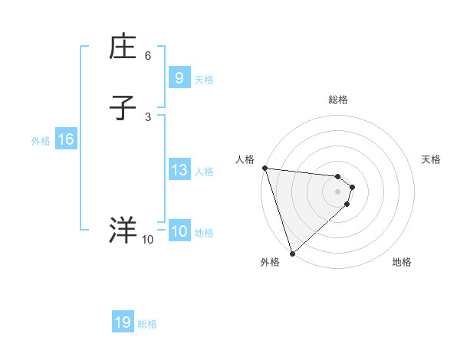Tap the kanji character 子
click(123, 107)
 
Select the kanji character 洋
click(123, 230)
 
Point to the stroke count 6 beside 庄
click(148, 56)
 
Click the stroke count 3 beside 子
click(148, 116)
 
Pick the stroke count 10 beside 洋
click(147, 240)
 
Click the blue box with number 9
click(179, 77)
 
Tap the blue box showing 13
click(179, 170)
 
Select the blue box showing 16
click(66, 139)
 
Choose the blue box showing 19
click(123, 322)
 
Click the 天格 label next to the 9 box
click(204, 79)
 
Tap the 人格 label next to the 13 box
click(204, 172)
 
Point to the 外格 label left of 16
click(41, 141)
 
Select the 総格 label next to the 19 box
click(147, 324)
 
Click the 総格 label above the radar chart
click(338, 100)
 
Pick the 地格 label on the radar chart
click(402, 262)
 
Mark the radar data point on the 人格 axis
click(264, 168)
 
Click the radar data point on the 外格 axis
click(292, 254)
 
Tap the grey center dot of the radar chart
click(338, 191)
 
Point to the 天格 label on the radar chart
click(431, 159)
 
